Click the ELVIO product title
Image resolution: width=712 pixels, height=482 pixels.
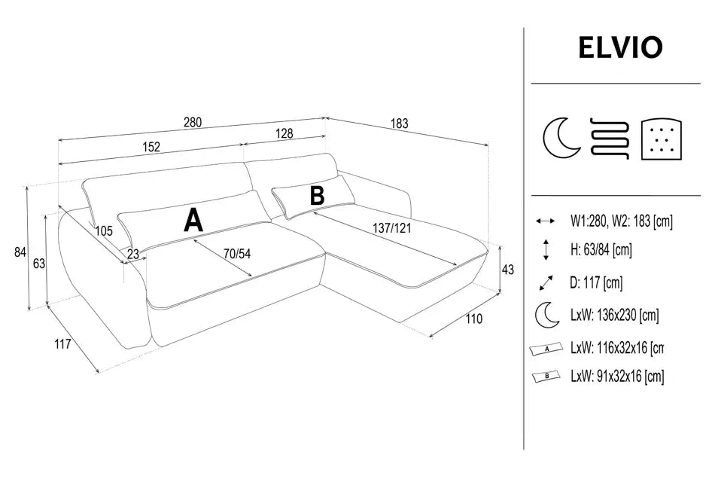tap(620, 47)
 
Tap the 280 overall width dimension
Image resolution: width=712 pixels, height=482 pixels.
tap(193, 122)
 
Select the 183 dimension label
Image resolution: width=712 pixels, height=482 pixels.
tap(399, 124)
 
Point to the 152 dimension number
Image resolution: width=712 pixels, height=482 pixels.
tap(151, 147)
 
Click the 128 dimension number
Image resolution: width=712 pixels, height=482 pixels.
tap(284, 133)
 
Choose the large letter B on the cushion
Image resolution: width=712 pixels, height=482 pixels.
tap(317, 196)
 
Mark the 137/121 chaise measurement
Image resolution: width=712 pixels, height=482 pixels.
tap(392, 227)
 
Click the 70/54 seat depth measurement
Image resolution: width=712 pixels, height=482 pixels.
tap(236, 254)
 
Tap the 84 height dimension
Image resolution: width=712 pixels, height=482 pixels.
tap(20, 252)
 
